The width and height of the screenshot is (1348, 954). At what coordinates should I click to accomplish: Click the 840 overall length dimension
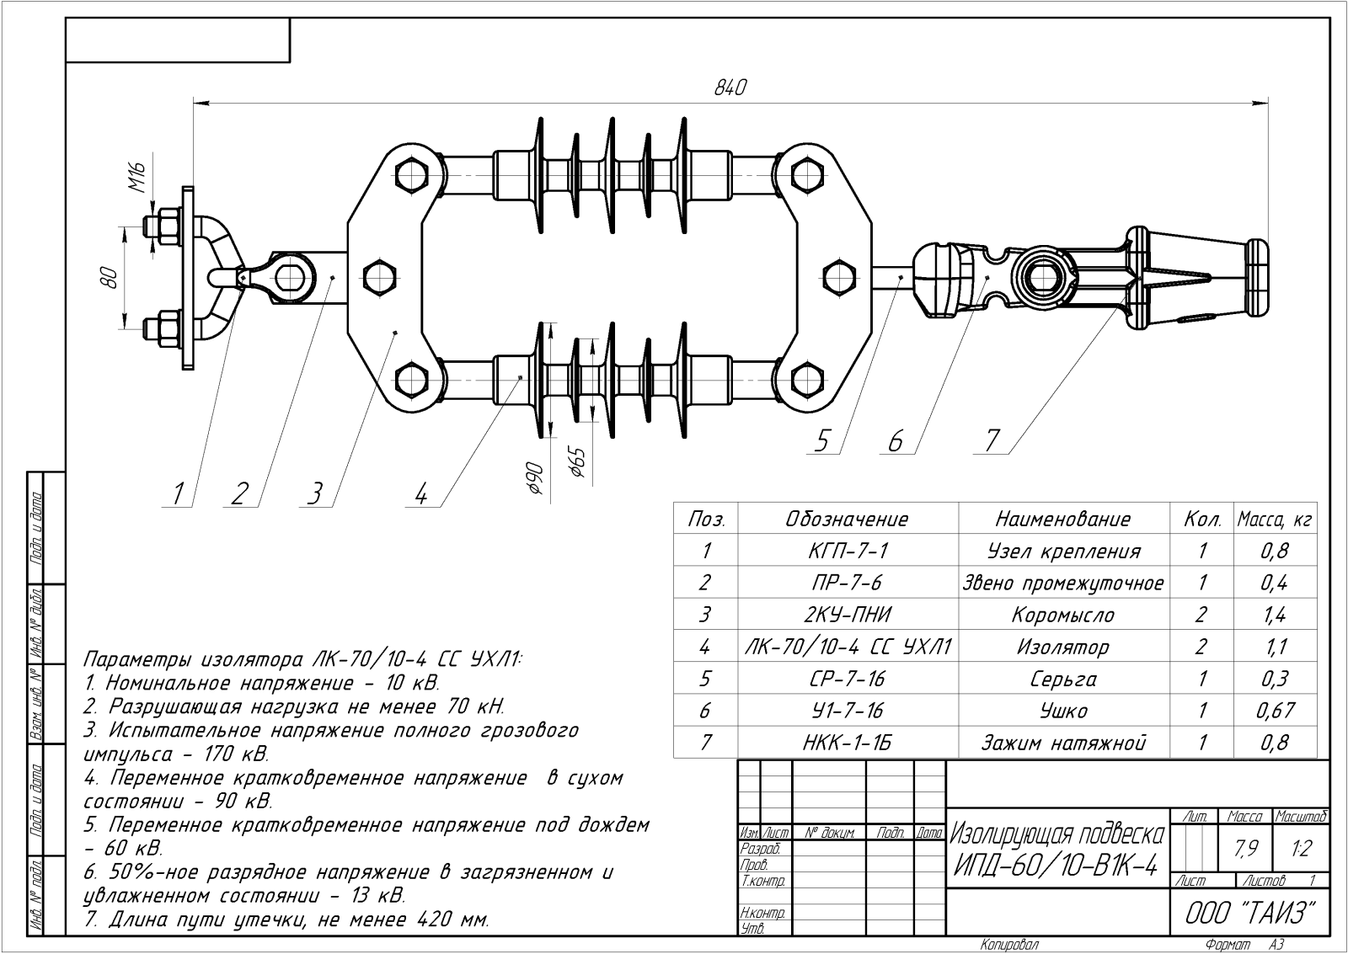pos(730,88)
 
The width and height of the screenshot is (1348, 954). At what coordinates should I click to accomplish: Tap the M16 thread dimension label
pos(138,177)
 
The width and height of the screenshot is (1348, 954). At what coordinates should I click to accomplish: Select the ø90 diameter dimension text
pos(535,479)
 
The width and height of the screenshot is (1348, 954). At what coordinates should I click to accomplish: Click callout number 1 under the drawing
pos(178,494)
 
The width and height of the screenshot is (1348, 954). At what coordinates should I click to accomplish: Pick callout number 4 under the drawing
pos(421,494)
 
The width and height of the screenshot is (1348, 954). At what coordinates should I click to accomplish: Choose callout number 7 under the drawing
pos(992,440)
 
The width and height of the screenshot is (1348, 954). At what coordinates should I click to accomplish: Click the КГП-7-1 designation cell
pos(848,551)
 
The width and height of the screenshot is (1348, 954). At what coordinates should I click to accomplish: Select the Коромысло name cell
pos(1063,615)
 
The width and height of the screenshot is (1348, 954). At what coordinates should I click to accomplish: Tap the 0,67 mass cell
pos(1276,711)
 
